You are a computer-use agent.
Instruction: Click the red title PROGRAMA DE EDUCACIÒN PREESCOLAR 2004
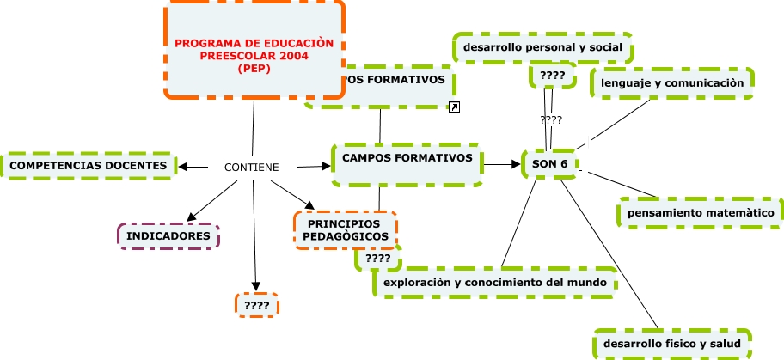coord(254,56)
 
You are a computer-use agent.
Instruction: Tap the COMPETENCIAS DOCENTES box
coord(89,165)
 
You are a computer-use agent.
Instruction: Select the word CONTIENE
coord(251,167)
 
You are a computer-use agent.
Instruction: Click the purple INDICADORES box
coord(168,235)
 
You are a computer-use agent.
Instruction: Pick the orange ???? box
coord(257,305)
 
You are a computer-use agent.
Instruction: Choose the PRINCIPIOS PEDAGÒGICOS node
coord(346,230)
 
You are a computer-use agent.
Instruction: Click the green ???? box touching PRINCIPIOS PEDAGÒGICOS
coord(377,259)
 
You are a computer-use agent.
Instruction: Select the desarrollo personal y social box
coord(542,48)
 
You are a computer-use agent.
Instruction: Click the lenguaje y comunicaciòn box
coord(671,83)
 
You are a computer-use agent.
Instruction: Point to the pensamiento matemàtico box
coord(701,212)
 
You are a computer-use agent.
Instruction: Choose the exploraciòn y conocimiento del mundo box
coord(496,282)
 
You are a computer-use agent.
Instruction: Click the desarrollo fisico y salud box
coord(672,345)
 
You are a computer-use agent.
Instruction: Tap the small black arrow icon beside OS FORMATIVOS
coord(456,107)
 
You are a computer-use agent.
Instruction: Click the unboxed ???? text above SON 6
coord(551,120)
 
